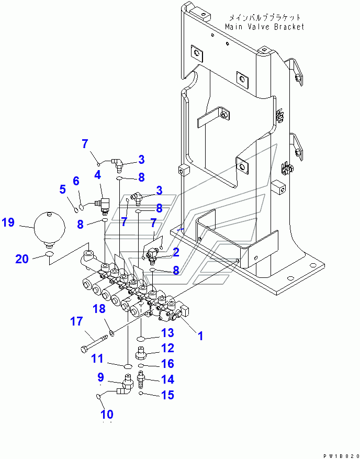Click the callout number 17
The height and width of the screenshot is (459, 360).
pyautogui.click(x=77, y=321)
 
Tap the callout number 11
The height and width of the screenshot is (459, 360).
pyautogui.click(x=97, y=359)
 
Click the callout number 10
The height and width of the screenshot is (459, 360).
pyautogui.click(x=106, y=414)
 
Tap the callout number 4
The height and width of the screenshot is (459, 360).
pyautogui.click(x=97, y=175)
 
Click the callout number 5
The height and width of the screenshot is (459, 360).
pyautogui.click(x=62, y=189)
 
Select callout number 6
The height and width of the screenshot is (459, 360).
pyautogui.click(x=76, y=181)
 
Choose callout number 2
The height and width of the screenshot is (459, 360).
pyautogui.click(x=176, y=252)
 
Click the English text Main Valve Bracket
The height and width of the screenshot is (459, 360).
pyautogui.click(x=264, y=27)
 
